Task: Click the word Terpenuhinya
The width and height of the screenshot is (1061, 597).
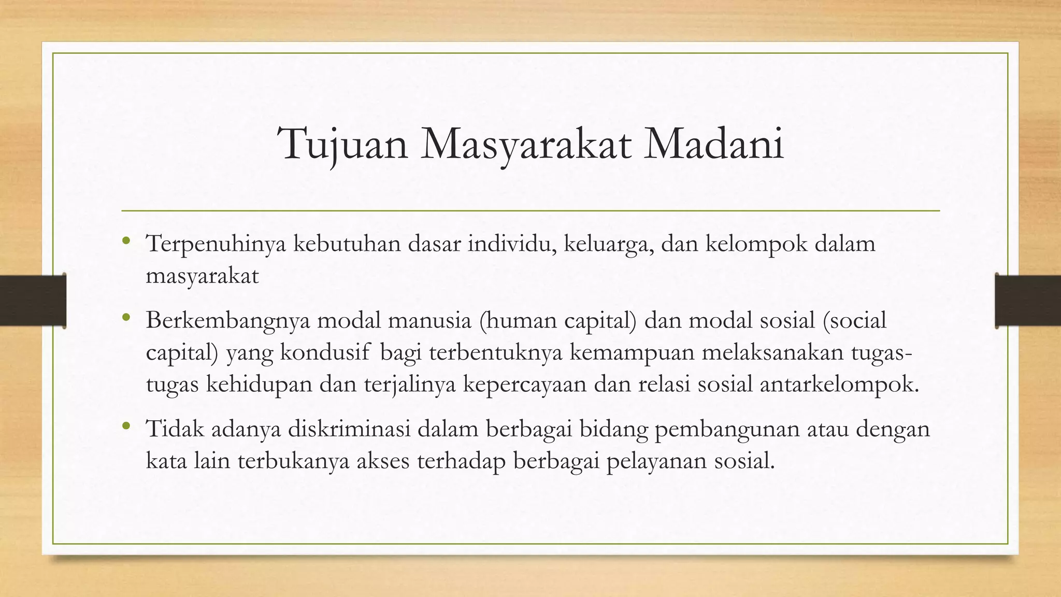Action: pyautogui.click(x=216, y=244)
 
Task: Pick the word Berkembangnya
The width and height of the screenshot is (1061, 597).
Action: pyautogui.click(x=228, y=321)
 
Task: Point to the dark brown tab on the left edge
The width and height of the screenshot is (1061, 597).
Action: pyautogui.click(x=33, y=301)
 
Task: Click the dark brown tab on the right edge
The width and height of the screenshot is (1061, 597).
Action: pyautogui.click(x=1028, y=301)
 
